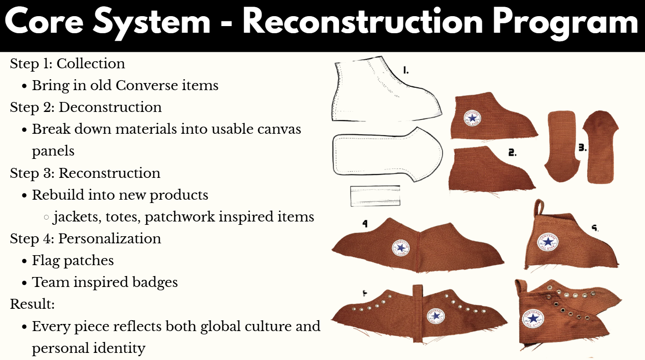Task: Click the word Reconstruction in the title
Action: point(363,22)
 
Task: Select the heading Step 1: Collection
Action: point(67,64)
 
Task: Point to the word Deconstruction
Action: point(110,107)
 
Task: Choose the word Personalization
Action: point(110,239)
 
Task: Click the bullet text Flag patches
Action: point(73,261)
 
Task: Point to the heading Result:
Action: point(32,304)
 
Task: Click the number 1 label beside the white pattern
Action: point(405,70)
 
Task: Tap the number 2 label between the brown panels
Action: point(512,152)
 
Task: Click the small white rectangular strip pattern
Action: point(375,196)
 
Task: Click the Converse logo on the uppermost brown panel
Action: point(472,118)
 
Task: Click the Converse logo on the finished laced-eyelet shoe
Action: point(533,319)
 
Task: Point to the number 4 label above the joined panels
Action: point(365,223)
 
